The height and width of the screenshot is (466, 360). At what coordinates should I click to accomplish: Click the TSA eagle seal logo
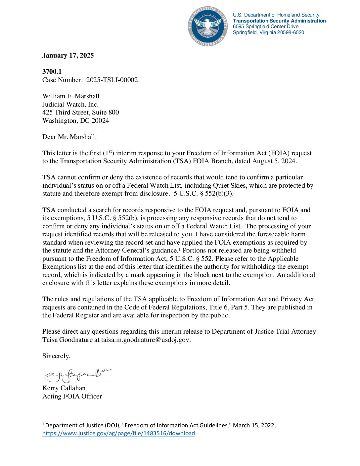coord(207,26)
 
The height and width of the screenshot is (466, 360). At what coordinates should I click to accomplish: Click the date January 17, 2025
coord(68,55)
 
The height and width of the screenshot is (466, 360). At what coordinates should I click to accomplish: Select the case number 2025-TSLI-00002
coord(112,80)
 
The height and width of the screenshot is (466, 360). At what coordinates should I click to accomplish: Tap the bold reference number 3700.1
coord(52,71)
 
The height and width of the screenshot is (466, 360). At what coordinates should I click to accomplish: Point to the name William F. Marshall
coord(71,96)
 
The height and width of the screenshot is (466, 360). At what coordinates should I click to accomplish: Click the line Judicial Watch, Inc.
coord(70,104)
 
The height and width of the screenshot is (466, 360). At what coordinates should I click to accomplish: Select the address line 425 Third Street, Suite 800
coord(80,112)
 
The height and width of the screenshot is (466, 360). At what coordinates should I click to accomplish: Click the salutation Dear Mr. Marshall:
coord(69,137)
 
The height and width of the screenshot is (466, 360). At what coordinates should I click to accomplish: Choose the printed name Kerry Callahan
coord(64,388)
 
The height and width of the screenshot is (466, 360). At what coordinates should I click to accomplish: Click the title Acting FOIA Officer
coord(72,396)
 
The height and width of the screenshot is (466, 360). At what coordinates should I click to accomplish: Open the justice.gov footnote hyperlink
coord(118,433)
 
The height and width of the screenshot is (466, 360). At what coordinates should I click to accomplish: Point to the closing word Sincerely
coord(56,356)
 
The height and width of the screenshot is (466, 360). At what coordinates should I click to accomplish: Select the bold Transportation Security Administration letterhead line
coord(279,21)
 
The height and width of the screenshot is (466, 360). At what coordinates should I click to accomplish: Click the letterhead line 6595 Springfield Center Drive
coord(266,26)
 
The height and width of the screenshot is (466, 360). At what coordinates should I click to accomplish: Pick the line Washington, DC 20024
coord(75,120)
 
